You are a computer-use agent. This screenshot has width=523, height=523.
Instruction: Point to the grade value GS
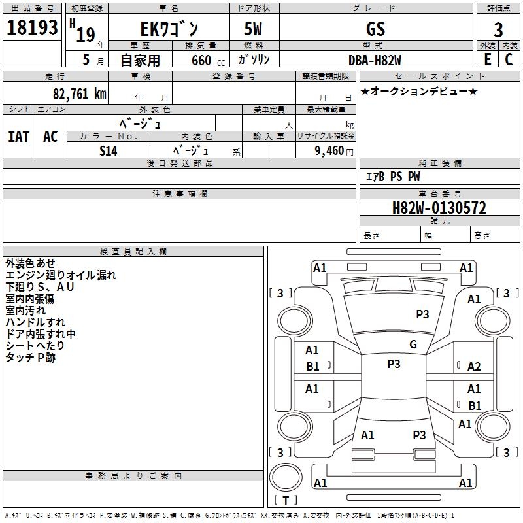(376, 29)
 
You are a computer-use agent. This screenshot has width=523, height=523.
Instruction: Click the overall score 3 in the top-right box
(499, 30)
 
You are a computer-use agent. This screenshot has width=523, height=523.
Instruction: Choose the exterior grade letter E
(488, 59)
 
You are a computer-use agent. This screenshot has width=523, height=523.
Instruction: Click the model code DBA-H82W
(375, 59)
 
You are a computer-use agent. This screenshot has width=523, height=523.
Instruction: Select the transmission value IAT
(18, 136)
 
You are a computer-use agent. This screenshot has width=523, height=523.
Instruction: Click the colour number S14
(109, 151)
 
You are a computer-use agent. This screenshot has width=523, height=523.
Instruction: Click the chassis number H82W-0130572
(439, 208)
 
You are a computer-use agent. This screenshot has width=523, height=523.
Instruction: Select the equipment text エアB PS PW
(392, 177)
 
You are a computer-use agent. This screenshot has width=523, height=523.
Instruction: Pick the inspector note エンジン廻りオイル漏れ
(61, 275)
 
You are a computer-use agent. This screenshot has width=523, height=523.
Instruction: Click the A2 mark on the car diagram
(475, 367)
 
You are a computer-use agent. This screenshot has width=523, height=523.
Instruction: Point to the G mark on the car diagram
(413, 345)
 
